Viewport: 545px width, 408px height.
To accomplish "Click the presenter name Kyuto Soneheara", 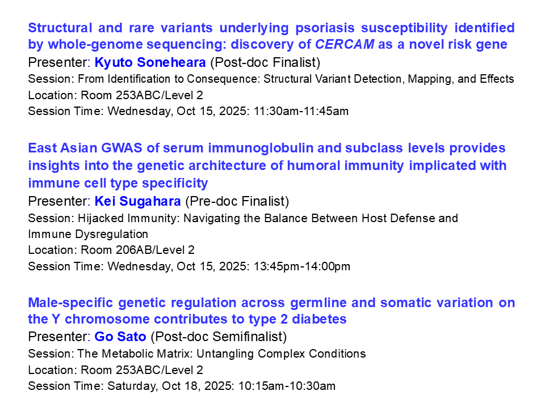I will click(x=150, y=62).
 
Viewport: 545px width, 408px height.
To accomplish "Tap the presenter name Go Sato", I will click(x=121, y=337).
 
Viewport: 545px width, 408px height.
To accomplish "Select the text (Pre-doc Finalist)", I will click(x=237, y=201).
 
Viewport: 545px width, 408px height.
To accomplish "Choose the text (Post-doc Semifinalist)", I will click(x=219, y=337).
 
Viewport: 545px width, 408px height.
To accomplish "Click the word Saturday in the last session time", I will click(x=128, y=386).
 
